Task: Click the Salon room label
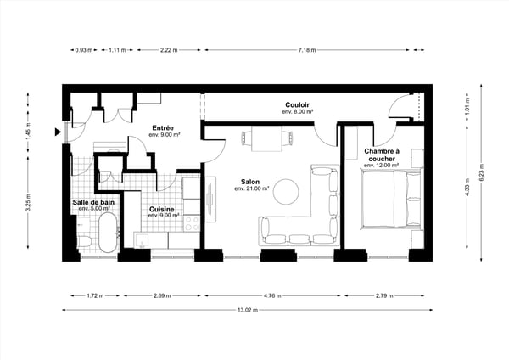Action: pyautogui.click(x=249, y=182)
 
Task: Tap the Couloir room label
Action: pyautogui.click(x=297, y=104)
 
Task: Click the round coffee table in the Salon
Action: pyautogui.click(x=287, y=190)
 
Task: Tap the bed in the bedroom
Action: pyautogui.click(x=391, y=200)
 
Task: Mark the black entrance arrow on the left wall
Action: pyautogui.click(x=56, y=132)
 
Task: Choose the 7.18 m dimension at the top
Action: pyautogui.click(x=307, y=50)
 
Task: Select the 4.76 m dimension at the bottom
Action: pyautogui.click(x=271, y=296)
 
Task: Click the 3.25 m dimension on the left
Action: pyautogui.click(x=29, y=205)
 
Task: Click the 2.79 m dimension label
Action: pyautogui.click(x=383, y=296)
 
